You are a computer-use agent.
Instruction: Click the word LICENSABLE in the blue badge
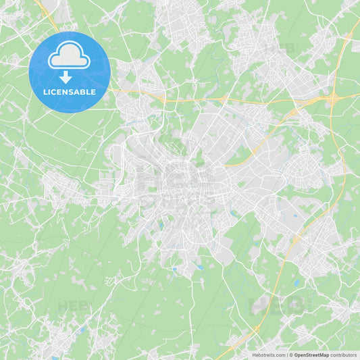tap(70, 92)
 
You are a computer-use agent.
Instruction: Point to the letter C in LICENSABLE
tap(55, 92)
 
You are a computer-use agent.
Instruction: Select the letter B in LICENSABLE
tap(86, 92)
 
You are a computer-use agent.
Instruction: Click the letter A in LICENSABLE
tap(80, 92)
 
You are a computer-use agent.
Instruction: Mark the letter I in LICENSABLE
tap(50, 92)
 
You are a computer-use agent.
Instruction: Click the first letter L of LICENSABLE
tap(45, 92)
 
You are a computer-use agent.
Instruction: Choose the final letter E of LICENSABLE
tap(94, 92)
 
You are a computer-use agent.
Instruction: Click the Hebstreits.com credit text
tap(269, 355)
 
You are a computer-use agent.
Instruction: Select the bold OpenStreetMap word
tap(311, 355)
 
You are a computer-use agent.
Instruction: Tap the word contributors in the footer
tap(343, 355)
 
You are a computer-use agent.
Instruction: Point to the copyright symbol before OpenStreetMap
tap(291, 355)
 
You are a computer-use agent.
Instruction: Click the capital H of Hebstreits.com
tap(254, 355)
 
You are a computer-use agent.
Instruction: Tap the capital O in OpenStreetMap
tap(295, 355)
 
